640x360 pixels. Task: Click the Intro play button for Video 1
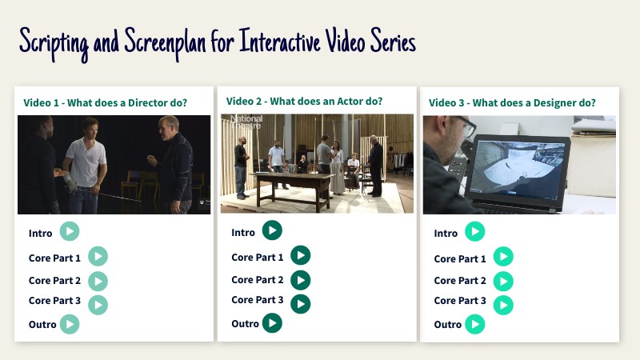70,231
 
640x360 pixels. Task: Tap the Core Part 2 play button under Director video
98,282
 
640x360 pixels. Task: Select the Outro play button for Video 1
70,324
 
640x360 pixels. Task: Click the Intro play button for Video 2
272,230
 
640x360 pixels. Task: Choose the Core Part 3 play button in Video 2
301,304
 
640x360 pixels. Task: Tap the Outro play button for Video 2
272,323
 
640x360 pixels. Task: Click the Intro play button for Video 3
474,231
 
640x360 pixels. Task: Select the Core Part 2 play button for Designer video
503,282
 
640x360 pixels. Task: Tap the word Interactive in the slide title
279,42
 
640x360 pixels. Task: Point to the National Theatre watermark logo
246,122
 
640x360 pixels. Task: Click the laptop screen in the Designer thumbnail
518,167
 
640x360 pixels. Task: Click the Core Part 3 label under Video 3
460,301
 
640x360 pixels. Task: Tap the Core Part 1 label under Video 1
54,258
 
